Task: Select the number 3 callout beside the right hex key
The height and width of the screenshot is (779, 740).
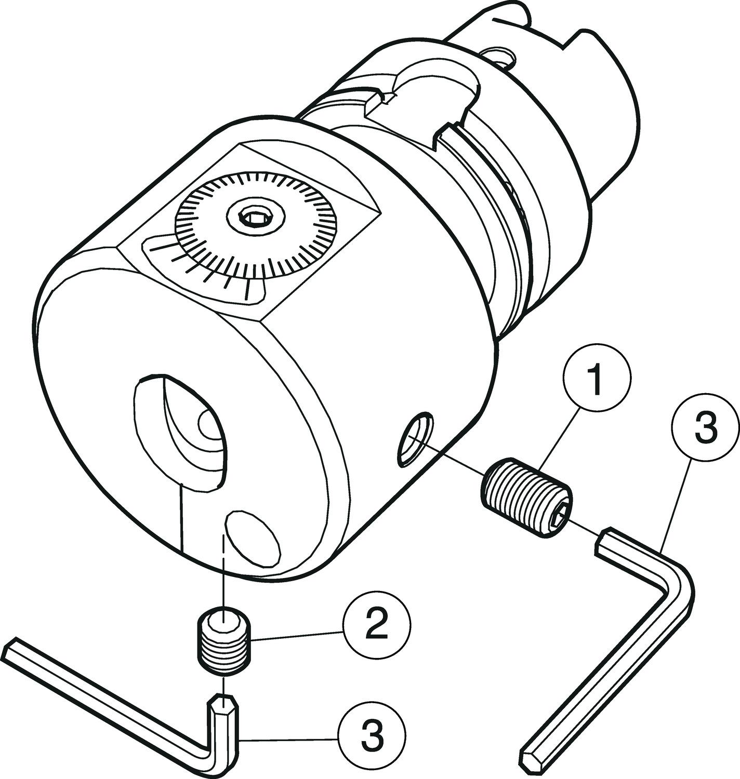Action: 706,427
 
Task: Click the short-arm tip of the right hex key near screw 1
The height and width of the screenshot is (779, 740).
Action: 606,541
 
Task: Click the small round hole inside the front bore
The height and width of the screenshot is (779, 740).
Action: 209,425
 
